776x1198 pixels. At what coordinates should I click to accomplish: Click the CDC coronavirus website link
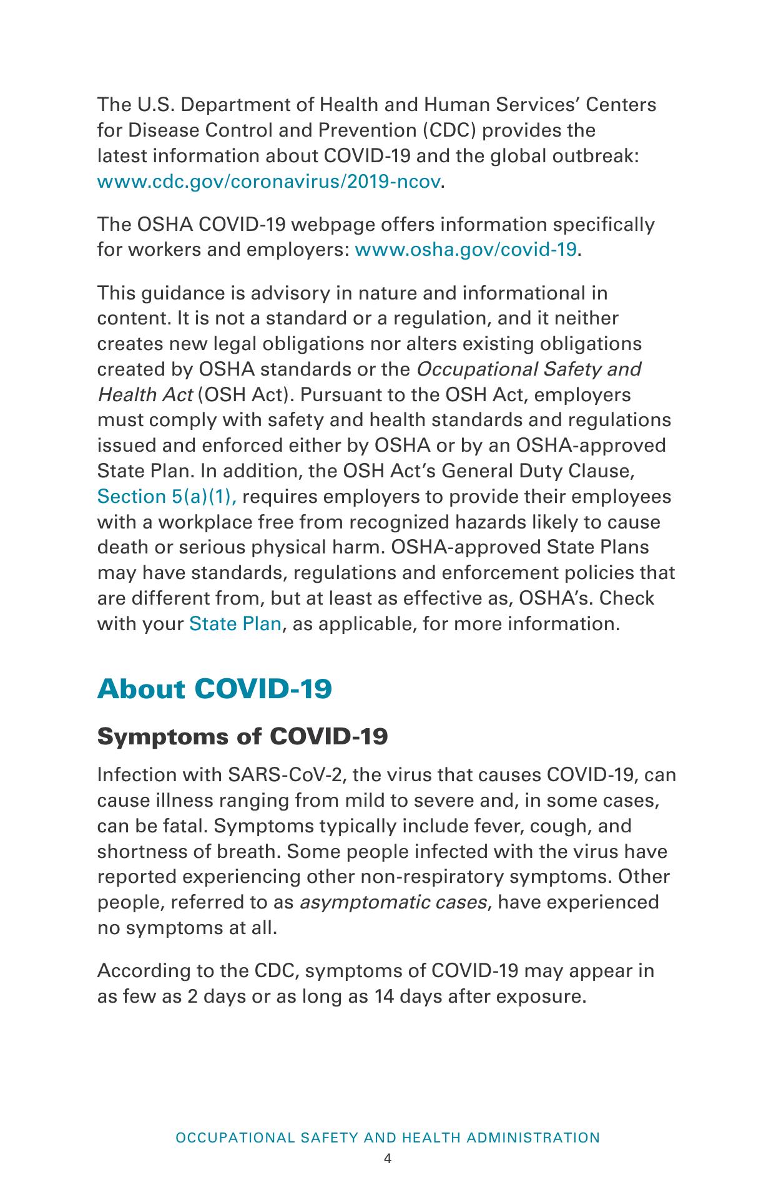[269, 182]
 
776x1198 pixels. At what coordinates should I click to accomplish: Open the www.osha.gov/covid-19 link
[465, 250]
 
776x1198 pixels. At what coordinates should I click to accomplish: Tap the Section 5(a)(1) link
[167, 497]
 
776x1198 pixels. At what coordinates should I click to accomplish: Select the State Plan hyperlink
[235, 624]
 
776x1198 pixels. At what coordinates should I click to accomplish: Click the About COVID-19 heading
[214, 689]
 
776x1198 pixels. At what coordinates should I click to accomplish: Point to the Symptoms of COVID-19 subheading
[243, 737]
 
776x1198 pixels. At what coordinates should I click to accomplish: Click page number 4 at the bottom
[388, 1159]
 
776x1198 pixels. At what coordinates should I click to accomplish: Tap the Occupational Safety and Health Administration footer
[388, 1137]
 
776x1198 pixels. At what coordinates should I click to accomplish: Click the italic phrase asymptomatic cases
[393, 902]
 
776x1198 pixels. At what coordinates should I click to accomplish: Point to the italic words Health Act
[144, 395]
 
